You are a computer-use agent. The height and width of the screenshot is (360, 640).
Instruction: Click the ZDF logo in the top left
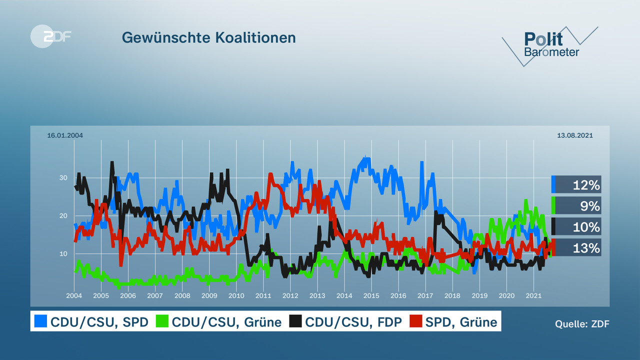pyautogui.click(x=50, y=36)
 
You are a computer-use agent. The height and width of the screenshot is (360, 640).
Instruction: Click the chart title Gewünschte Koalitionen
pyautogui.click(x=209, y=37)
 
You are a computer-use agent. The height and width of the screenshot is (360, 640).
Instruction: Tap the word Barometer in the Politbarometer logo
pyautogui.click(x=551, y=52)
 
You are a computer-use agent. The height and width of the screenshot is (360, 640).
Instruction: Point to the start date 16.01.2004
pyautogui.click(x=65, y=135)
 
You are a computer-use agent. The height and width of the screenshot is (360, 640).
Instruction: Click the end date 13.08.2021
pyautogui.click(x=574, y=135)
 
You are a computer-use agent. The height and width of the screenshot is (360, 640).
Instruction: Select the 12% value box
pyautogui.click(x=577, y=185)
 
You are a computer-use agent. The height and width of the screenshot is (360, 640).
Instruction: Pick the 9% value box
pyautogui.click(x=577, y=205)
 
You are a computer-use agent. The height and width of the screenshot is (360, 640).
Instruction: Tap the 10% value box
pyautogui.click(x=577, y=227)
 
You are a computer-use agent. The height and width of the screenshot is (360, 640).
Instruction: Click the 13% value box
pyautogui.click(x=577, y=247)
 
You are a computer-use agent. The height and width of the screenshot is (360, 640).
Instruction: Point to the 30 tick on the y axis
pyautogui.click(x=63, y=177)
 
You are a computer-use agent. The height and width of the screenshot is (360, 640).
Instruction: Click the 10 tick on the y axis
pyautogui.click(x=63, y=253)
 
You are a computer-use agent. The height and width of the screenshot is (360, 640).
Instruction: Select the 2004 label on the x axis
pyautogui.click(x=74, y=296)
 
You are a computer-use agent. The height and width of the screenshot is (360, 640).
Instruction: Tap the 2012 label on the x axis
pyautogui.click(x=290, y=296)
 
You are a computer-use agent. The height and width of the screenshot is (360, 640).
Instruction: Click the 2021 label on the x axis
pyautogui.click(x=533, y=296)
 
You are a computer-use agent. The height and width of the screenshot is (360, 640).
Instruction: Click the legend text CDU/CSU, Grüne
pyautogui.click(x=226, y=321)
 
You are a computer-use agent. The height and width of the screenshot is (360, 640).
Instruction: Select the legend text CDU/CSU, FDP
pyautogui.click(x=353, y=321)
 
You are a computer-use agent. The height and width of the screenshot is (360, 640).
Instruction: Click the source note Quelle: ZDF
pyautogui.click(x=582, y=323)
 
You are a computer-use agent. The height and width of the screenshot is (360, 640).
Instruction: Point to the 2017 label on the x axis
pyautogui.click(x=425, y=296)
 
